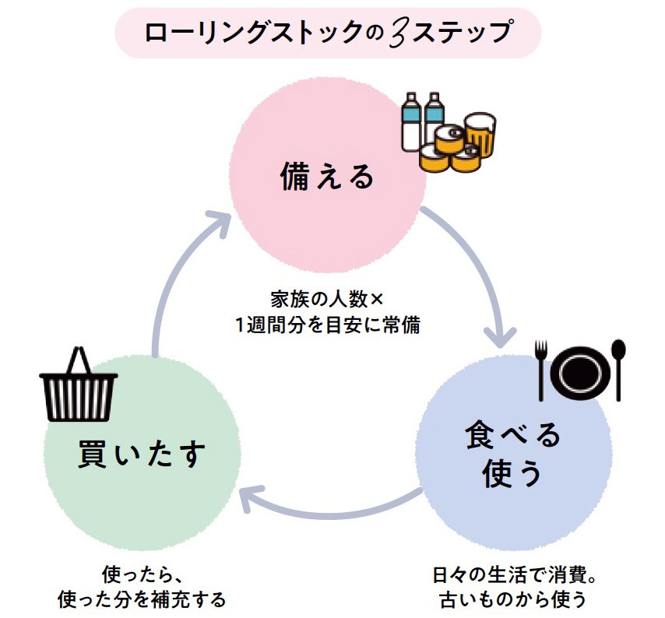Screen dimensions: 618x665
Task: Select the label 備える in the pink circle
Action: pyautogui.click(x=328, y=178)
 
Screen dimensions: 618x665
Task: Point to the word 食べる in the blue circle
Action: pyautogui.click(x=513, y=437)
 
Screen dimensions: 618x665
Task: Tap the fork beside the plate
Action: pyautogui.click(x=544, y=369)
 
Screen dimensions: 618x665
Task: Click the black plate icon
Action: pyautogui.click(x=580, y=370)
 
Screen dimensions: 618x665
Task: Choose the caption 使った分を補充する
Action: pyautogui.click(x=142, y=600)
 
